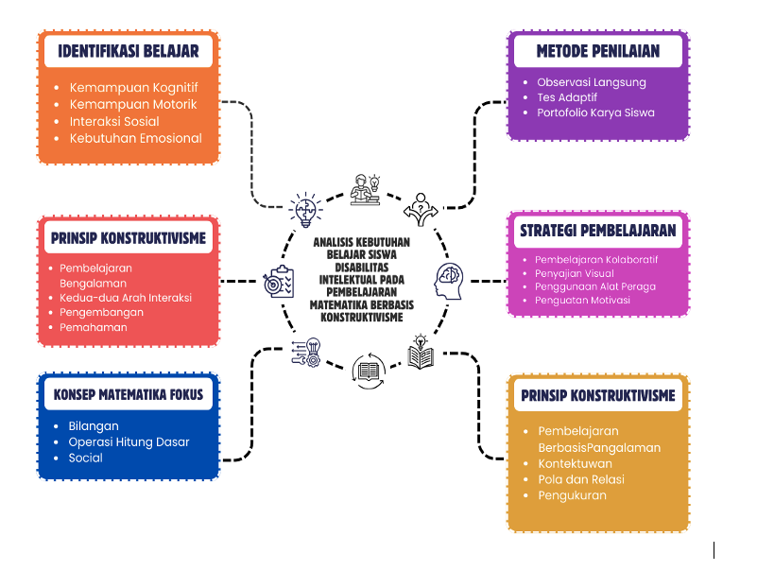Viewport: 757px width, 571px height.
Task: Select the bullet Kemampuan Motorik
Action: tap(133, 104)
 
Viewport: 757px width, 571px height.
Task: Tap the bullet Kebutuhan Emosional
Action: tap(135, 138)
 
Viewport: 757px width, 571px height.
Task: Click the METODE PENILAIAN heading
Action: tap(597, 50)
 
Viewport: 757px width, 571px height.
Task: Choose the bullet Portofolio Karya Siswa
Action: tap(595, 112)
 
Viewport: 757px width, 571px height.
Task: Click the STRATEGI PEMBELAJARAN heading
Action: tap(597, 230)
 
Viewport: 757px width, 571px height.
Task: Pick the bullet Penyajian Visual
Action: tap(575, 273)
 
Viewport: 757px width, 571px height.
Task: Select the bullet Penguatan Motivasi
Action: tap(582, 300)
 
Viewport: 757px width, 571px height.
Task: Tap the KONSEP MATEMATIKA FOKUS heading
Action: tap(129, 394)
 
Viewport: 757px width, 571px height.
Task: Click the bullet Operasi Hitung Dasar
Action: tap(129, 441)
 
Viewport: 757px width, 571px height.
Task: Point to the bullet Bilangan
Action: tap(94, 426)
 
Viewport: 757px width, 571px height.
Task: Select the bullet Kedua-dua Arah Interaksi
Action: tap(126, 297)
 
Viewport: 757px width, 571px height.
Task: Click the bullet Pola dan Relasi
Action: tap(581, 479)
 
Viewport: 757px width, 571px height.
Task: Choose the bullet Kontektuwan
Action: tap(575, 463)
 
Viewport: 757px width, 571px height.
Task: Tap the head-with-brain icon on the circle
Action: tap(450, 281)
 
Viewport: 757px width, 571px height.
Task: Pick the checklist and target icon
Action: tap(279, 281)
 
